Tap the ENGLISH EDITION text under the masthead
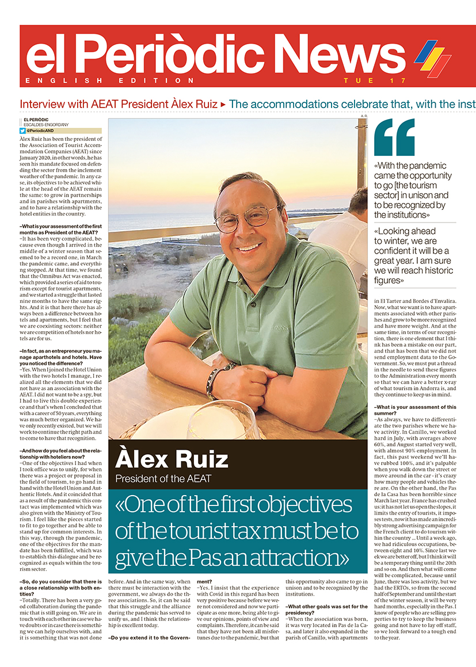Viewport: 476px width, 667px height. (110, 80)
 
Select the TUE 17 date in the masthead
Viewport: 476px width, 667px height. (375, 80)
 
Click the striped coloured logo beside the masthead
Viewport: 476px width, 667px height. (432, 57)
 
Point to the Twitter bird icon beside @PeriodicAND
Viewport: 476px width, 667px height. (23, 131)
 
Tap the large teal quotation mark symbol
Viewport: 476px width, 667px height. (394, 137)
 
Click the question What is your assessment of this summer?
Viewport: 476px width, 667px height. (416, 411)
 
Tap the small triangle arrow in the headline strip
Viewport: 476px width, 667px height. (223, 104)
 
